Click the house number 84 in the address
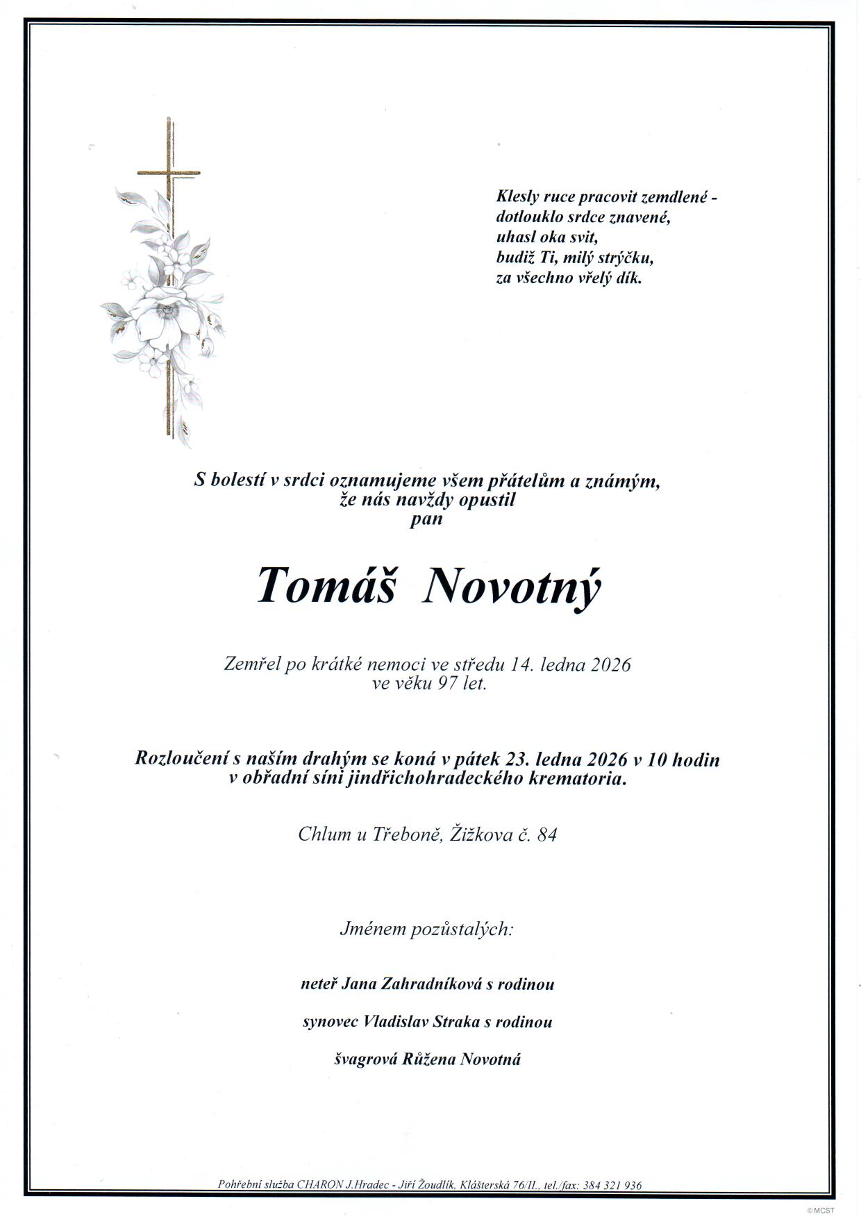tap(547, 834)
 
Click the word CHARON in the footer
tap(320, 1185)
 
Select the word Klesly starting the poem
tap(517, 197)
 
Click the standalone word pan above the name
tap(426, 519)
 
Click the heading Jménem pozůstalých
tap(426, 928)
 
